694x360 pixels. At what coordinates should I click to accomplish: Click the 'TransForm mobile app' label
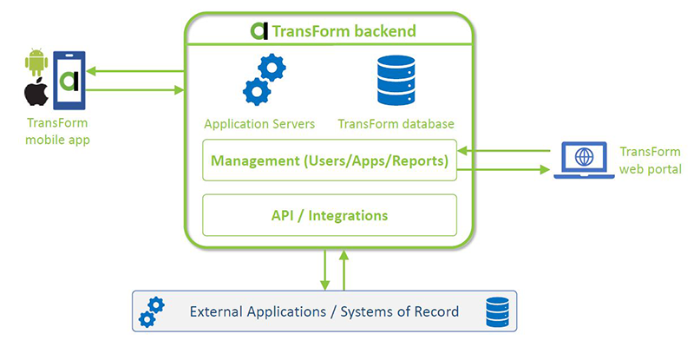tap(57, 131)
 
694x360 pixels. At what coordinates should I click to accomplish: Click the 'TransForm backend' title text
tap(344, 32)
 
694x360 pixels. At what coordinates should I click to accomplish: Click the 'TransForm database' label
tap(396, 123)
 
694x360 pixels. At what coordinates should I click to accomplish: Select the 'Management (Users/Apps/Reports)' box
tap(330, 160)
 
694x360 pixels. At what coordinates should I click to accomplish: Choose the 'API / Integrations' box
tap(330, 215)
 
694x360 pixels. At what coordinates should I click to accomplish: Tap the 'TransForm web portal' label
tap(650, 160)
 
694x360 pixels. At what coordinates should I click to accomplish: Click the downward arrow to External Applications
tap(324, 268)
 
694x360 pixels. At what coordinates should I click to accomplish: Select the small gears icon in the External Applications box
tap(152, 311)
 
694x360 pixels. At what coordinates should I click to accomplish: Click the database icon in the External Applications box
tap(497, 311)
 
